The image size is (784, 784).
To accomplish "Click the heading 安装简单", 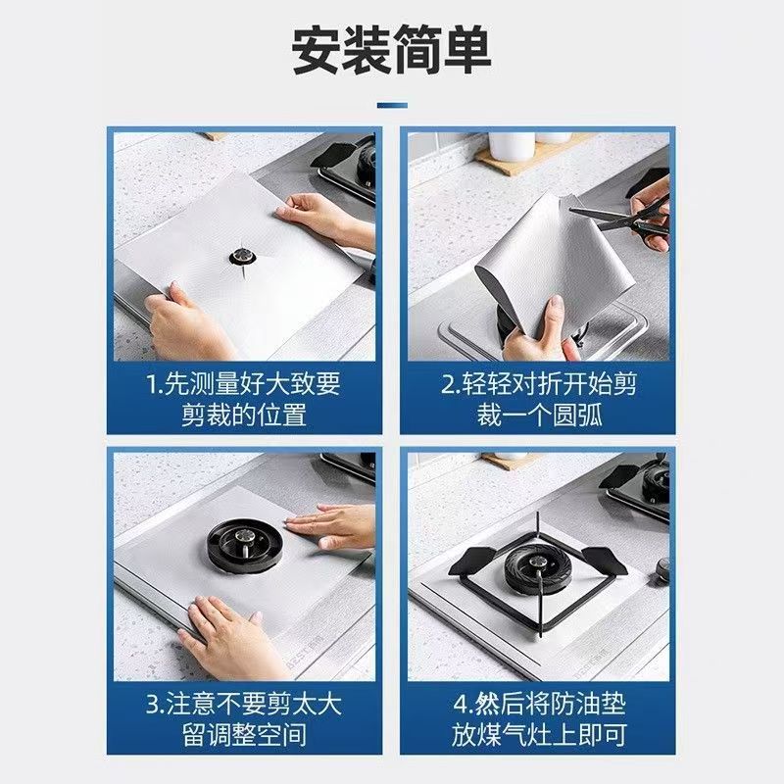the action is coord(391,51).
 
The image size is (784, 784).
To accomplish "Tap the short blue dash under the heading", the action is coord(392,105).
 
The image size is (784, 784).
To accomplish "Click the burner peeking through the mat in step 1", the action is coord(243,258).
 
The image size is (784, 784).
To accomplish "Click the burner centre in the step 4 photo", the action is coord(537,569).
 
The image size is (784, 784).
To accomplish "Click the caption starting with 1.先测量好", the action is coord(243,399).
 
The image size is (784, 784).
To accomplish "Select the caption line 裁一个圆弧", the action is coord(540,415).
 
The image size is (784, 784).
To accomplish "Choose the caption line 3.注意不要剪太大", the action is coord(243,704).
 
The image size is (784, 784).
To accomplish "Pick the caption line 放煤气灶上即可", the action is coord(539,734).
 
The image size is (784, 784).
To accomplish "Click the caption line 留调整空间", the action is coord(244,734).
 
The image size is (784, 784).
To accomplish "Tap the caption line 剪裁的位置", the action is coord(244,415).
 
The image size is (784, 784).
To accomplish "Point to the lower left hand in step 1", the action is coord(187,320).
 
